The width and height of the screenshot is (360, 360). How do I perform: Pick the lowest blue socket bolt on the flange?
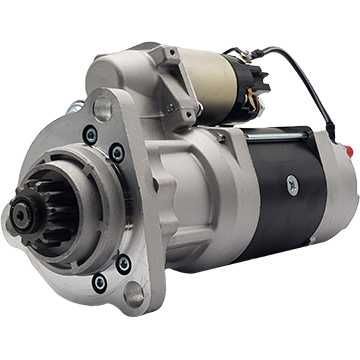tap(99, 284)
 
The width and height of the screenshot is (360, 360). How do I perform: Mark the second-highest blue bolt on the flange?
tap(117, 152)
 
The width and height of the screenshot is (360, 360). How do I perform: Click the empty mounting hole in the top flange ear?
tap(101, 108)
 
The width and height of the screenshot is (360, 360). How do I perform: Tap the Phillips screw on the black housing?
tap(291, 183)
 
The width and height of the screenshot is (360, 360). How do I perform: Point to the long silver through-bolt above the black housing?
tap(290, 131)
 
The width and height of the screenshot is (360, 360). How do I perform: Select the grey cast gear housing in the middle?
tap(190, 190)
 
